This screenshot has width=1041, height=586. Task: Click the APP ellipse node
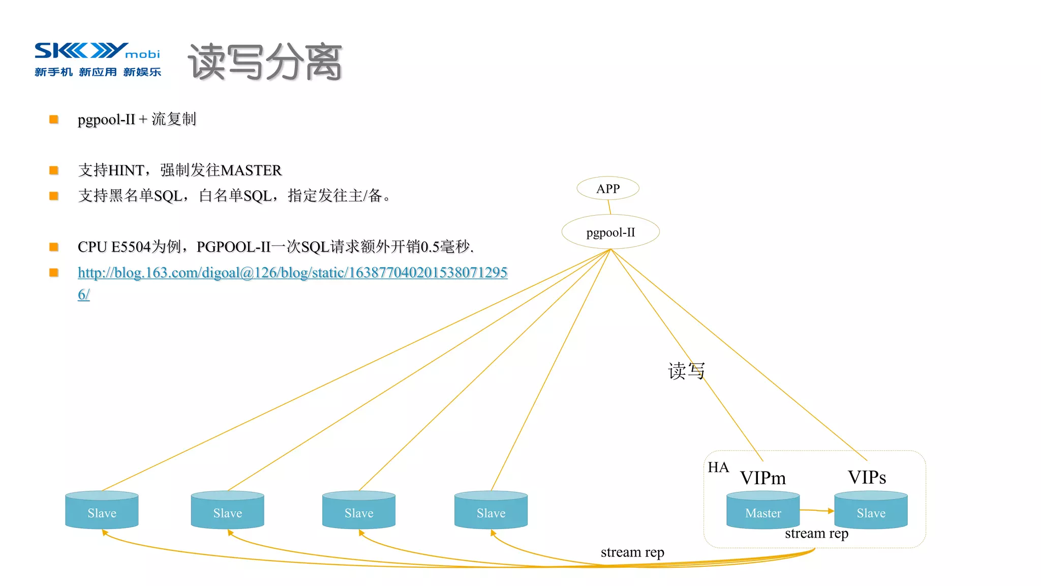point(608,189)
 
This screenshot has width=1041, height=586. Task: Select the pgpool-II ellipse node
point(610,232)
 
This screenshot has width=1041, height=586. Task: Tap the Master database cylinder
point(763,510)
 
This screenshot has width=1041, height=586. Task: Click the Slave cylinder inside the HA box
point(871,510)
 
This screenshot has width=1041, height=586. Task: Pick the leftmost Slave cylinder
point(102,510)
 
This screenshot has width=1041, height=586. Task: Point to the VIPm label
point(762,478)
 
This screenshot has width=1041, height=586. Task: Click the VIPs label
point(867,477)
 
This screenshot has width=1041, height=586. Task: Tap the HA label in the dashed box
point(718,467)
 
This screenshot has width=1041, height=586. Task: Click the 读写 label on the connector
point(686,371)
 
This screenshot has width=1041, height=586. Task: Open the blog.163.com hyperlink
point(292,273)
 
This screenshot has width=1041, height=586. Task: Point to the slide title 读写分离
point(265,63)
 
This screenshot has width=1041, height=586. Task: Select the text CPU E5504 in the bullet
point(114,247)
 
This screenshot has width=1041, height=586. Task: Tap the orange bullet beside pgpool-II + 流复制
point(54,120)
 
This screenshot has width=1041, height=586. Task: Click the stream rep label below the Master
point(816,534)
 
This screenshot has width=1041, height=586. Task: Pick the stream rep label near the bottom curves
point(632,552)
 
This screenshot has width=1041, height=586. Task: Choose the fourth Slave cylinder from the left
point(491,510)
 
